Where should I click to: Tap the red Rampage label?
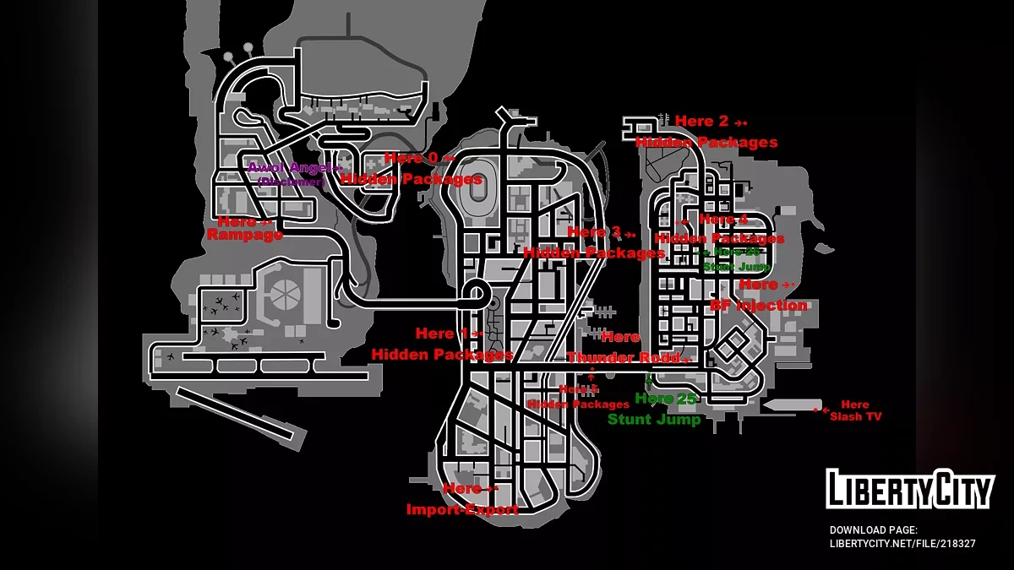[244, 236]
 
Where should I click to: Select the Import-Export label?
[462, 509]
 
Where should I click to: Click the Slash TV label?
[855, 416]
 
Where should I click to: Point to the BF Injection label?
[758, 305]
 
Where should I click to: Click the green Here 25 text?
[665, 399]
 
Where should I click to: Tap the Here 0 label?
[412, 158]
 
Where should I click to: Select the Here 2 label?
[701, 122]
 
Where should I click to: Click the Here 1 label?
[441, 334]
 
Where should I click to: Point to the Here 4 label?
[723, 220]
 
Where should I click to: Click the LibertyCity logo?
[909, 490]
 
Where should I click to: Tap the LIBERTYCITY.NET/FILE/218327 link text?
[902, 544]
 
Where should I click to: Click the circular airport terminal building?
[282, 296]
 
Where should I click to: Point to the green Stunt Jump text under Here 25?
[654, 419]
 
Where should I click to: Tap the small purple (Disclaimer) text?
[290, 182]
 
